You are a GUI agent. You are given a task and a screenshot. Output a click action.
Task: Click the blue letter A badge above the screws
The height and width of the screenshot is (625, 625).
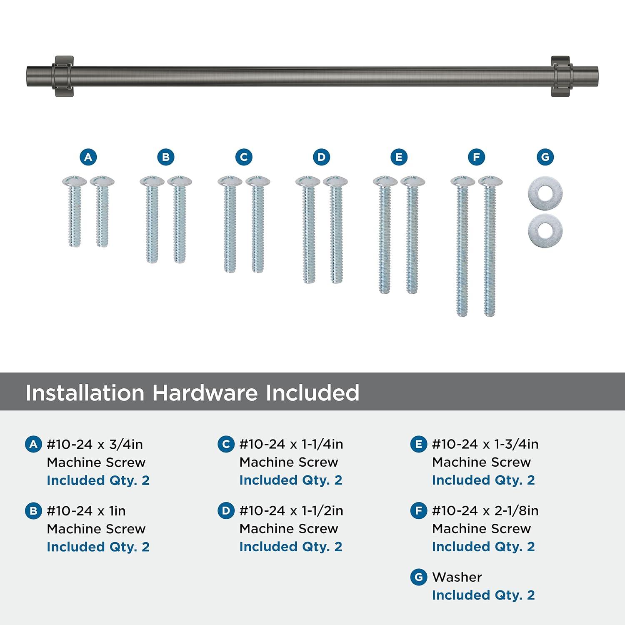tap(88, 157)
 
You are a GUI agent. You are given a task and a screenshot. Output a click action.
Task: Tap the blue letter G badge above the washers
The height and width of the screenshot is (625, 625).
tap(545, 157)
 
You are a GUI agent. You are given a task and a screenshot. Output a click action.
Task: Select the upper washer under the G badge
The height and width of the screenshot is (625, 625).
tap(545, 194)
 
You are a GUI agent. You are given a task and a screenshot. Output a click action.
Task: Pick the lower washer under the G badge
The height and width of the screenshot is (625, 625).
tap(545, 230)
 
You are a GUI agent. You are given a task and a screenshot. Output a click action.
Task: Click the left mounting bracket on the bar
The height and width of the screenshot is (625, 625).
tap(63, 76)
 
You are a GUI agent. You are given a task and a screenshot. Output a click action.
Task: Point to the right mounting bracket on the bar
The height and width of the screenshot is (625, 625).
tap(562, 76)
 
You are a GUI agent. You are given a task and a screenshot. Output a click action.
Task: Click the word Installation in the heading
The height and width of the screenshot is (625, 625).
tap(85, 392)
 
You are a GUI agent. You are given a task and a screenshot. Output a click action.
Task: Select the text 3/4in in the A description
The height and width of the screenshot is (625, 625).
tap(126, 445)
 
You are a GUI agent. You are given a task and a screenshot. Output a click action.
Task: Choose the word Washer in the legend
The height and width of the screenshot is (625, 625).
tap(457, 577)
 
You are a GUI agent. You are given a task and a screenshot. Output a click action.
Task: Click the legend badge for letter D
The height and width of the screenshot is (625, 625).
tap(226, 511)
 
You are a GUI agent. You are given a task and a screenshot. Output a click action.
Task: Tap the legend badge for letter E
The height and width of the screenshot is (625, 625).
tap(418, 445)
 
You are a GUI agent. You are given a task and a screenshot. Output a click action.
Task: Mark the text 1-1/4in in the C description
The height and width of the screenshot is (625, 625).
tap(322, 445)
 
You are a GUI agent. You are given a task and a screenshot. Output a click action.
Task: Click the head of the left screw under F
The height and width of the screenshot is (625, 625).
tap(462, 181)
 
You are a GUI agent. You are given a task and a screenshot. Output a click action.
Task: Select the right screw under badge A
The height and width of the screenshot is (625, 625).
tap(102, 211)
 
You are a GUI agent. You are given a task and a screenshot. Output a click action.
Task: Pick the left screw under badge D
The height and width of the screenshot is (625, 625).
tap(308, 230)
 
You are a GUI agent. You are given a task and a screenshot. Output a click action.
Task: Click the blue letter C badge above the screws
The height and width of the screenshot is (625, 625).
tap(244, 157)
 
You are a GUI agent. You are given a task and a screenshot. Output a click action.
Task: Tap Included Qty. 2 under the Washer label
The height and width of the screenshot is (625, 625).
tap(483, 595)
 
